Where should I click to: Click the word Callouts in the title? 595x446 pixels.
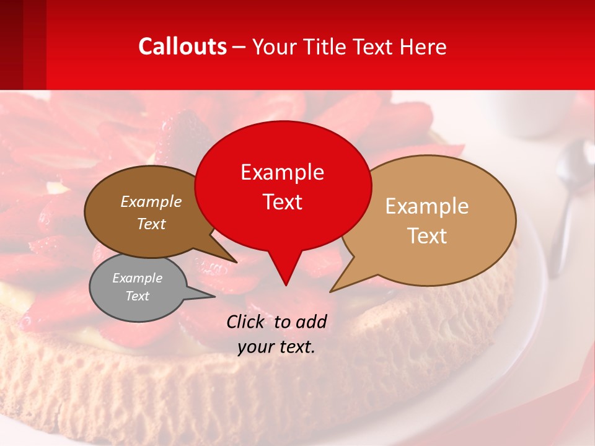[183, 46]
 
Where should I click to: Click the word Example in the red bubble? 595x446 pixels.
[283, 172]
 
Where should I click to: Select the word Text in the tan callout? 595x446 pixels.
[427, 236]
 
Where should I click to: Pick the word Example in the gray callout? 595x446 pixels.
[137, 278]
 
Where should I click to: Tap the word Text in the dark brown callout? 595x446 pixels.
[151, 224]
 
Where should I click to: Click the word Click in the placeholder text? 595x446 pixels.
[246, 321]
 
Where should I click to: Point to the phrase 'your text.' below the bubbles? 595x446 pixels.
[276, 347]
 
